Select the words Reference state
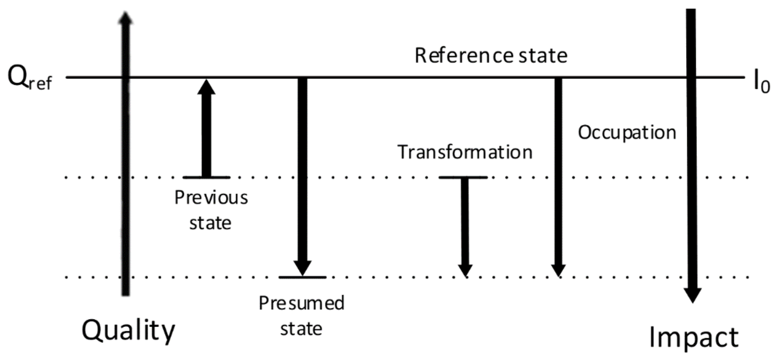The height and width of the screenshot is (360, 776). point(490,56)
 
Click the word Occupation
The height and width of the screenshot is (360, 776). point(627,132)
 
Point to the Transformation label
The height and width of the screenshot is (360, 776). point(465,152)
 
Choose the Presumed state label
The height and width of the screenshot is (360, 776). point(302,315)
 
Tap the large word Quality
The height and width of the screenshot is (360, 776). point(129,331)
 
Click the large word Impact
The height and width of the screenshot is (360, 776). point(693,337)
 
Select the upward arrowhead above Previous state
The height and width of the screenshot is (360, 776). point(206,88)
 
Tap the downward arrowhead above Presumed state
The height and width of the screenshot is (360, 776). point(302,267)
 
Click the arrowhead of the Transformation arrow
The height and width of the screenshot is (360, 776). point(466,270)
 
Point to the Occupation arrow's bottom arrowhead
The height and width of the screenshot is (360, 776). point(558,270)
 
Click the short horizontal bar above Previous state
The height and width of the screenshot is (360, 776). point(206,177)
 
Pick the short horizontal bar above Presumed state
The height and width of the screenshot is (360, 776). point(302,277)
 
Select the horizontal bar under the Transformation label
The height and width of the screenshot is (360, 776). point(463,177)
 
